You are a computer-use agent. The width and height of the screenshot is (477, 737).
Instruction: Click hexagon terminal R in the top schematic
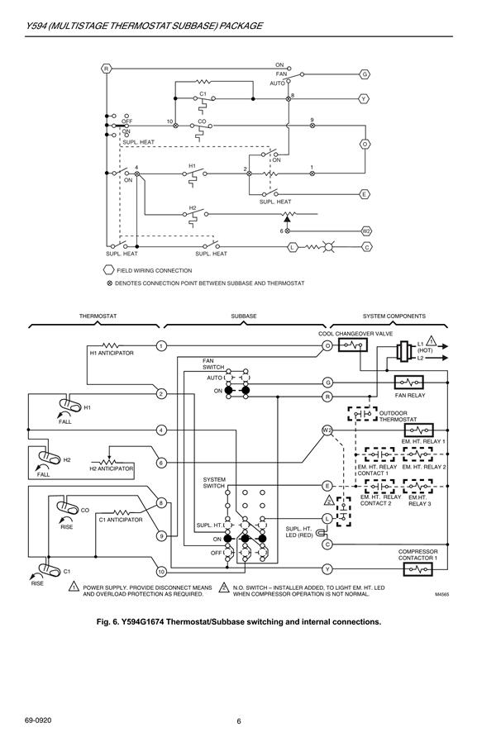[107, 69]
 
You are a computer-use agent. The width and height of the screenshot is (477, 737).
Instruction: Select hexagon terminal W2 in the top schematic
[366, 231]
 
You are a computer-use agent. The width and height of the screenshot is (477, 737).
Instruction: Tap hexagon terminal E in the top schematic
[365, 194]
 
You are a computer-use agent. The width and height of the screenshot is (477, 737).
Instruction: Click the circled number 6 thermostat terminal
[161, 463]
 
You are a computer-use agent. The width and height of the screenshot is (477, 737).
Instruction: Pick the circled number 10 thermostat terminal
[161, 572]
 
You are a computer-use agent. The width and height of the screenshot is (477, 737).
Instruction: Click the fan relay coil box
[408, 382]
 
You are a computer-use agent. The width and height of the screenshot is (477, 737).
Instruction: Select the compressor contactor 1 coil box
[417, 569]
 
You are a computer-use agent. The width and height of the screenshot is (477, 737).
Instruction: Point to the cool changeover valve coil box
[353, 345]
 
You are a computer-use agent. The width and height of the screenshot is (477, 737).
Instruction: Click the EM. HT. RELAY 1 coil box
[418, 430]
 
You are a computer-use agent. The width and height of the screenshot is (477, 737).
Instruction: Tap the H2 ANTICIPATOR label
[112, 468]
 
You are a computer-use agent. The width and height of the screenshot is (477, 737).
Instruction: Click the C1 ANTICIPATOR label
[121, 520]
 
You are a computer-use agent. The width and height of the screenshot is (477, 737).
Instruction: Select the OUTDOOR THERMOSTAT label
[398, 416]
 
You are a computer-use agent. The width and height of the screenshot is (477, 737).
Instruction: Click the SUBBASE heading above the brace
[244, 316]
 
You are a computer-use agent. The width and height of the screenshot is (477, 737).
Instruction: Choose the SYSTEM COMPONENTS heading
[394, 316]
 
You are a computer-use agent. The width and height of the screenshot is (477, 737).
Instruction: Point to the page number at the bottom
[238, 721]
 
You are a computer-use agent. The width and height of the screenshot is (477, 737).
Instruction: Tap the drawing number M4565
[441, 594]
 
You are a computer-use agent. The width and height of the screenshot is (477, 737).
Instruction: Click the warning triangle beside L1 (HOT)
[432, 341]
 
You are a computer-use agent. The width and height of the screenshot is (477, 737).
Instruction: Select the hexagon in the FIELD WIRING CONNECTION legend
[108, 270]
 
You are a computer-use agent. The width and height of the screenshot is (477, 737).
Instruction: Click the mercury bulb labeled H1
[69, 404]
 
